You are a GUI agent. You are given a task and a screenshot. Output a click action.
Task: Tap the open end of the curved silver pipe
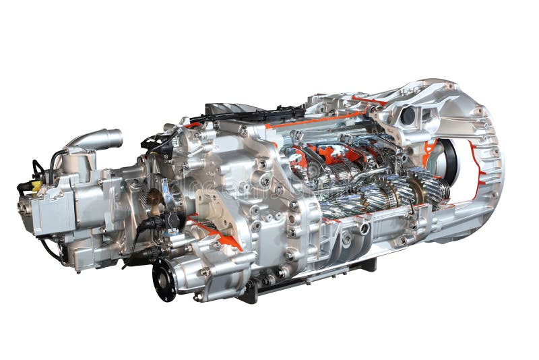116,138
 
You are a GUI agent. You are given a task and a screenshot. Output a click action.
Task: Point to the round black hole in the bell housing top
408,116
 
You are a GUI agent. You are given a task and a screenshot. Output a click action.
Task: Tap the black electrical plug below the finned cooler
152,223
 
